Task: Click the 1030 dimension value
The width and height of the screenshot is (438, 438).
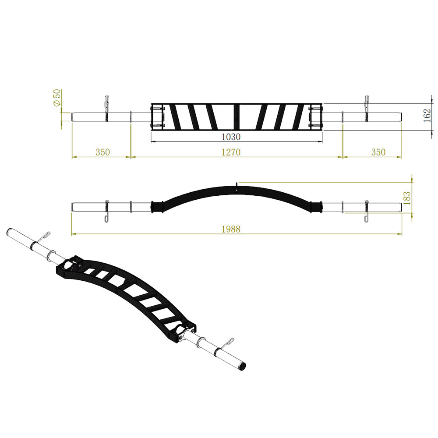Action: (231, 137)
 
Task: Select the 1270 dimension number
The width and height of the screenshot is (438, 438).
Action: (231, 152)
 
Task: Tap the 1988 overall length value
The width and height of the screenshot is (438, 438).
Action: (231, 229)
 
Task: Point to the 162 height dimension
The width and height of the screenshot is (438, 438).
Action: (427, 116)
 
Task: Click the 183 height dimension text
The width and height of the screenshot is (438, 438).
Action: (407, 198)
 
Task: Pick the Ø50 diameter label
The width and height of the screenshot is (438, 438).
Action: (57, 97)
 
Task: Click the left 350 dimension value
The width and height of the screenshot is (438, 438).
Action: (102, 152)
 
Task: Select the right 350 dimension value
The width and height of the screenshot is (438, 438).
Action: (378, 152)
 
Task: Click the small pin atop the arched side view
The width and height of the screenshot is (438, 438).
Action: (237, 185)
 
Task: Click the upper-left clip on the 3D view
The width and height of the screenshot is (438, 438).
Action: (45, 237)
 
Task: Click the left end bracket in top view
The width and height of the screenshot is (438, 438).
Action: (157, 116)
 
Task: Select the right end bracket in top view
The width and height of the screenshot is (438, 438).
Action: (316, 116)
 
